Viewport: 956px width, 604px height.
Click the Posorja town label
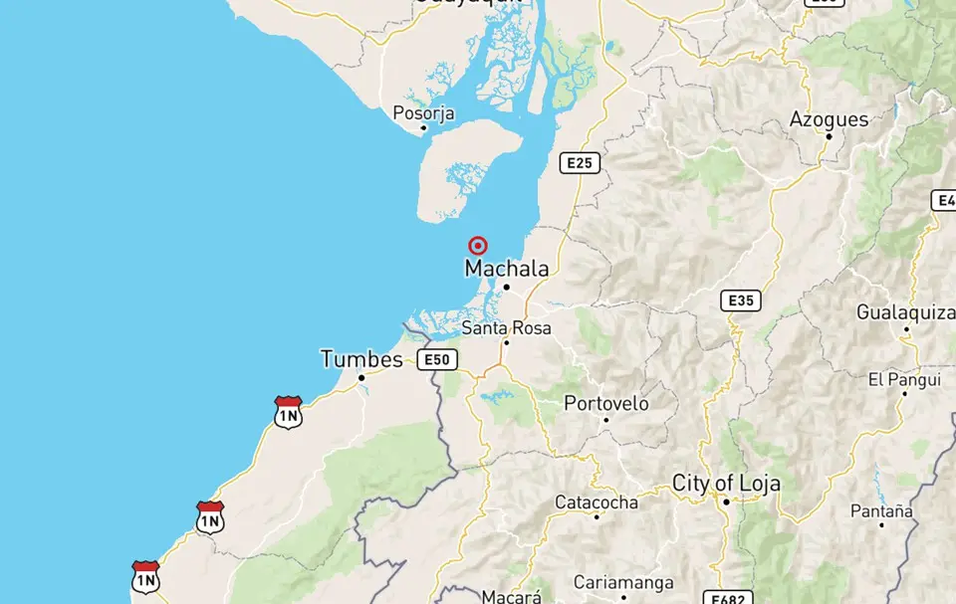[423, 113]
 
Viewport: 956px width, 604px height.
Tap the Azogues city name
[829, 119]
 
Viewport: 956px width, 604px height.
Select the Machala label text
[506, 269]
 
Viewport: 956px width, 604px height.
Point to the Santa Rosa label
[506, 327]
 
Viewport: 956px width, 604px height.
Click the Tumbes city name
[361, 359]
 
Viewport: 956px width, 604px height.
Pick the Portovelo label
[605, 403]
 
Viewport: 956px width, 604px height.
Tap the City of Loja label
[726, 484]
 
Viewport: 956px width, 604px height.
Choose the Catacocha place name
[596, 503]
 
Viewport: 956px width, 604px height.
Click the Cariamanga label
[623, 582]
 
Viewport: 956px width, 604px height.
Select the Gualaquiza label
[905, 312]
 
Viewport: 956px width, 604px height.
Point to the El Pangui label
[904, 379]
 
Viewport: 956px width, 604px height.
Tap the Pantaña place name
[881, 510]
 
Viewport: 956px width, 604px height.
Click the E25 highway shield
[580, 162]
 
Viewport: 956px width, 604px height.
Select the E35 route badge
[741, 300]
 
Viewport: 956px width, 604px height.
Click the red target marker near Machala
[478, 246]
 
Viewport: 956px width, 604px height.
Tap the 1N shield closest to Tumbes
[288, 412]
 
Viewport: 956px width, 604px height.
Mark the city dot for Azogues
[829, 136]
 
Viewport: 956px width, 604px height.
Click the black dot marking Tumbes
[361, 377]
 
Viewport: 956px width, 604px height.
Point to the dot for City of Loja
[727, 502]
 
